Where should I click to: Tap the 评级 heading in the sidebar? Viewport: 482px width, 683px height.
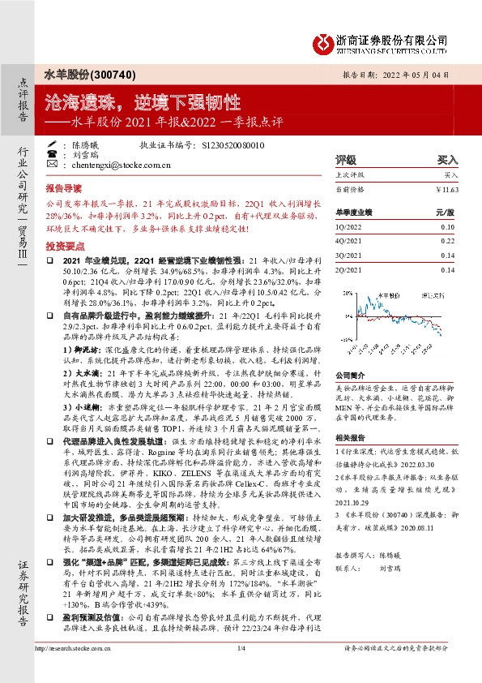[x=346, y=161]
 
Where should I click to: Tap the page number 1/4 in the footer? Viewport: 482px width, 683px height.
[x=241, y=670]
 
